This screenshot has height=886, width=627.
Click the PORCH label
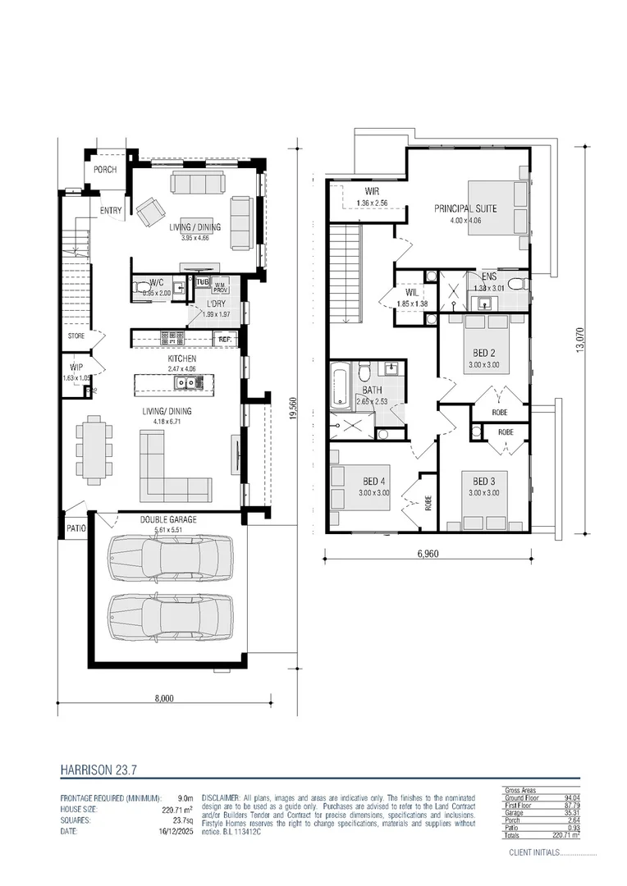pos(104,170)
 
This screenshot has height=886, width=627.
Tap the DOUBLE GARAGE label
pos(167,519)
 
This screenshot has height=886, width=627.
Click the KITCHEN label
pos(181,359)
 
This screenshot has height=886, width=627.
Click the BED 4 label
pos(373,482)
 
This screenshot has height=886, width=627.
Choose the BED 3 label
pos(484,482)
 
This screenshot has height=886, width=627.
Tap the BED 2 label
pos(485,353)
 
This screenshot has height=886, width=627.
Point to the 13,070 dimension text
pos(580,340)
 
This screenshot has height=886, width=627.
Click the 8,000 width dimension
pos(164,699)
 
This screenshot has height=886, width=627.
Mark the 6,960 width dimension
pos(426,554)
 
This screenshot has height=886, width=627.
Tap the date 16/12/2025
pos(176,831)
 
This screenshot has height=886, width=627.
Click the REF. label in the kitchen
pos(223,338)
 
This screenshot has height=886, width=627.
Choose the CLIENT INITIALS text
pos(533,853)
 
